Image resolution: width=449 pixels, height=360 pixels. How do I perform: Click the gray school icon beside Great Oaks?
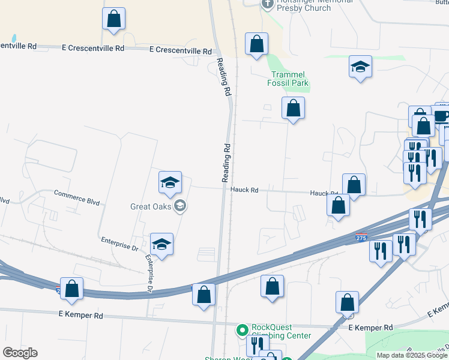click(179, 207)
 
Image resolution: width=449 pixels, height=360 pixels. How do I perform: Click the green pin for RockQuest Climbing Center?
click(243, 330)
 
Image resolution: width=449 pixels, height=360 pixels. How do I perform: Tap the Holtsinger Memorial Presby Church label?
click(304, 5)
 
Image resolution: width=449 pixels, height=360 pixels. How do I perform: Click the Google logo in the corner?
click(20, 353)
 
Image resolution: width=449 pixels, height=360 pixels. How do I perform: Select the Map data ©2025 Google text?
click(411, 355)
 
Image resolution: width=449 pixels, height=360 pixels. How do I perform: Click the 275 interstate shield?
click(361, 238)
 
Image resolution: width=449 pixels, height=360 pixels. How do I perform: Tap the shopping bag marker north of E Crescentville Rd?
click(113, 19)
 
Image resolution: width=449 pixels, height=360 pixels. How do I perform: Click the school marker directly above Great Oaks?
click(170, 183)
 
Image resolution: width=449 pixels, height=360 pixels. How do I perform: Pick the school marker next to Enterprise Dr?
click(161, 245)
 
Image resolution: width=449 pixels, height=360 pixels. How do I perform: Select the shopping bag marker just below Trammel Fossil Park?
click(293, 109)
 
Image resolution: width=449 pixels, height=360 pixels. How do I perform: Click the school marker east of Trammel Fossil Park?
click(360, 67)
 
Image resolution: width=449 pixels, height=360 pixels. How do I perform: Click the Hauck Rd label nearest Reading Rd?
click(244, 190)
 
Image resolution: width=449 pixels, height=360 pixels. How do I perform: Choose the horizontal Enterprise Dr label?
click(119, 247)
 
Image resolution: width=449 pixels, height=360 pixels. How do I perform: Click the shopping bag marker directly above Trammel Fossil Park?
click(256, 44)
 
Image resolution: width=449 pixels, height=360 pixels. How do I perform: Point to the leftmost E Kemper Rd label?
click(81, 315)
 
